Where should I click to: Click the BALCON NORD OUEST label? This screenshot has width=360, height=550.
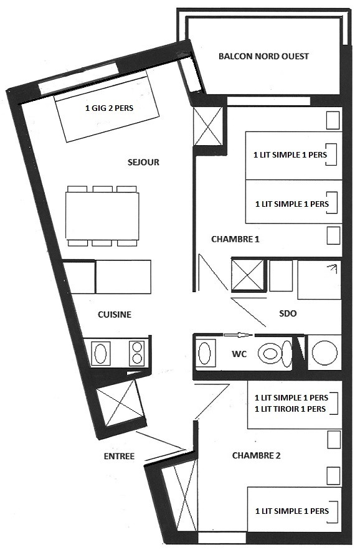[263, 57]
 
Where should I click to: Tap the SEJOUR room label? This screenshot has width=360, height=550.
[143, 163]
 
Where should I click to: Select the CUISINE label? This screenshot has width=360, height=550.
[115, 315]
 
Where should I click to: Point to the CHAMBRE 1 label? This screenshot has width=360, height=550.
[235, 239]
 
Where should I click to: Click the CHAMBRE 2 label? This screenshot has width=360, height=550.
[256, 456]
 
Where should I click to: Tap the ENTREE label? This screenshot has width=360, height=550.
[120, 457]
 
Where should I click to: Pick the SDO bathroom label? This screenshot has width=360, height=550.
[288, 313]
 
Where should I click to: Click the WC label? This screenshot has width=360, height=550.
[239, 354]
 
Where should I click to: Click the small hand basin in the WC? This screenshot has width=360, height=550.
[205, 353]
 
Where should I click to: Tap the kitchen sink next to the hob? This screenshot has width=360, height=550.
[101, 353]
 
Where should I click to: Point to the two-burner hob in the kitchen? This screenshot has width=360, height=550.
[137, 353]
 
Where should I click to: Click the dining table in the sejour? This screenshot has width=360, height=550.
[102, 216]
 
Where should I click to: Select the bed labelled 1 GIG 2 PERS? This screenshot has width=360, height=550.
[107, 107]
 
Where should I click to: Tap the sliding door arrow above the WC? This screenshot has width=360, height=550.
[238, 335]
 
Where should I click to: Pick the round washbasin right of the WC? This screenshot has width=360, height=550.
[324, 353]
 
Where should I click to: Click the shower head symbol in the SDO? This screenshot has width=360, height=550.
[332, 268]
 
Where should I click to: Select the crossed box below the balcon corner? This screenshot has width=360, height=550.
[208, 126]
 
